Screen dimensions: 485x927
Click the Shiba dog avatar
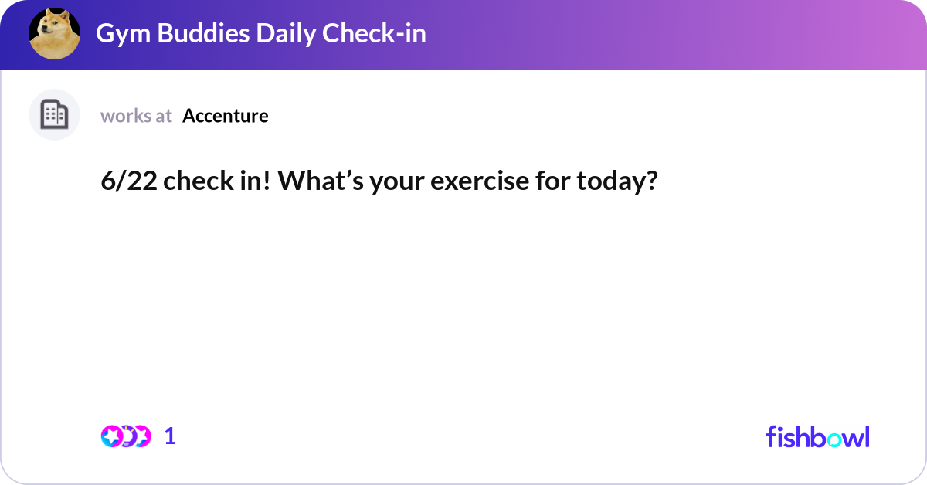[x=54, y=34]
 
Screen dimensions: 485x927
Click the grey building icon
[x=54, y=115]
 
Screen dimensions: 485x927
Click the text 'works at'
[x=136, y=116]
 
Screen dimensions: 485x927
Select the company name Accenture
[x=226, y=116]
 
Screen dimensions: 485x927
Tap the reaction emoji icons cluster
[x=126, y=436]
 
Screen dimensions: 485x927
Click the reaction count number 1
[x=170, y=436]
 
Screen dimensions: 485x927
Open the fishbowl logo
[x=817, y=436]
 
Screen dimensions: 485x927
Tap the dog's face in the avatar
[x=53, y=31]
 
